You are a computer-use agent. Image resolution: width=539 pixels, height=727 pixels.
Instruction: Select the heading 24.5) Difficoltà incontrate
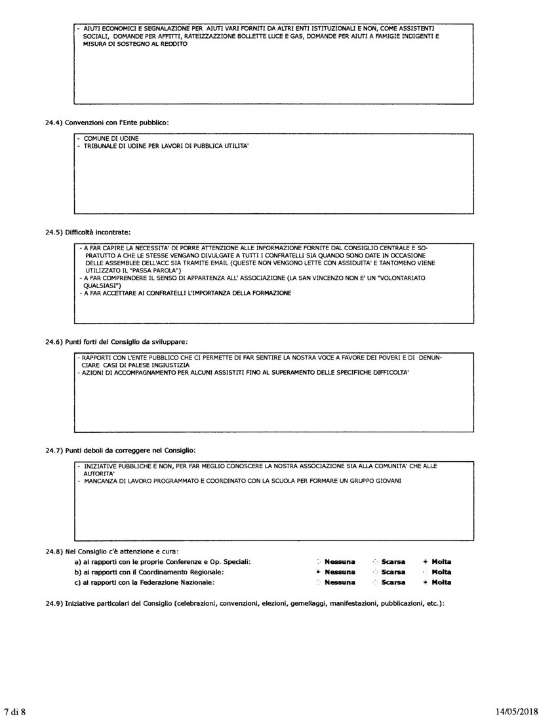tap(88, 232)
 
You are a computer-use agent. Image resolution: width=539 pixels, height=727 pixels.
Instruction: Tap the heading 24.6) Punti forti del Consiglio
tap(117, 341)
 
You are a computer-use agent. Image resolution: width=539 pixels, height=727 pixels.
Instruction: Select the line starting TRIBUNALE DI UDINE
tap(165, 145)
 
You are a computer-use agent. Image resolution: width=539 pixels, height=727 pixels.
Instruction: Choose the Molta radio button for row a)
tap(426, 561)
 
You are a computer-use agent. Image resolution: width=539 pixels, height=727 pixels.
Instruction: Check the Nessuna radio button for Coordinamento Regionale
tap(319, 572)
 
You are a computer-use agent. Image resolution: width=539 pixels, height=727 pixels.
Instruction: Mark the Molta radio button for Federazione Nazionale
tap(426, 582)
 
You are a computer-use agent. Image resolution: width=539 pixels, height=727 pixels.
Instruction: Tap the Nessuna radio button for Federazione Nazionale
tap(319, 582)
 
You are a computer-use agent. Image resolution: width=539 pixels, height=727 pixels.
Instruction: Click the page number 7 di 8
tap(14, 711)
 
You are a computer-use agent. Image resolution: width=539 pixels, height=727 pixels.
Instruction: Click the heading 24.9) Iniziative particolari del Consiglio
tap(245, 603)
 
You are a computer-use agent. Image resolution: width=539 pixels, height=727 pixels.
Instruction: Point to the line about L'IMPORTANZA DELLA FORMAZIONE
tap(186, 293)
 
